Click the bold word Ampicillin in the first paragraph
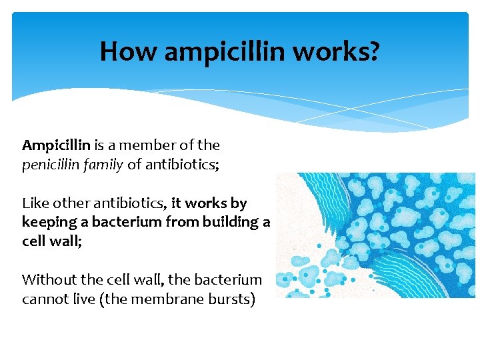click(x=56, y=145)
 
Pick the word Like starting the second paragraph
click(x=35, y=203)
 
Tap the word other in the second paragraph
click(x=71, y=203)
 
